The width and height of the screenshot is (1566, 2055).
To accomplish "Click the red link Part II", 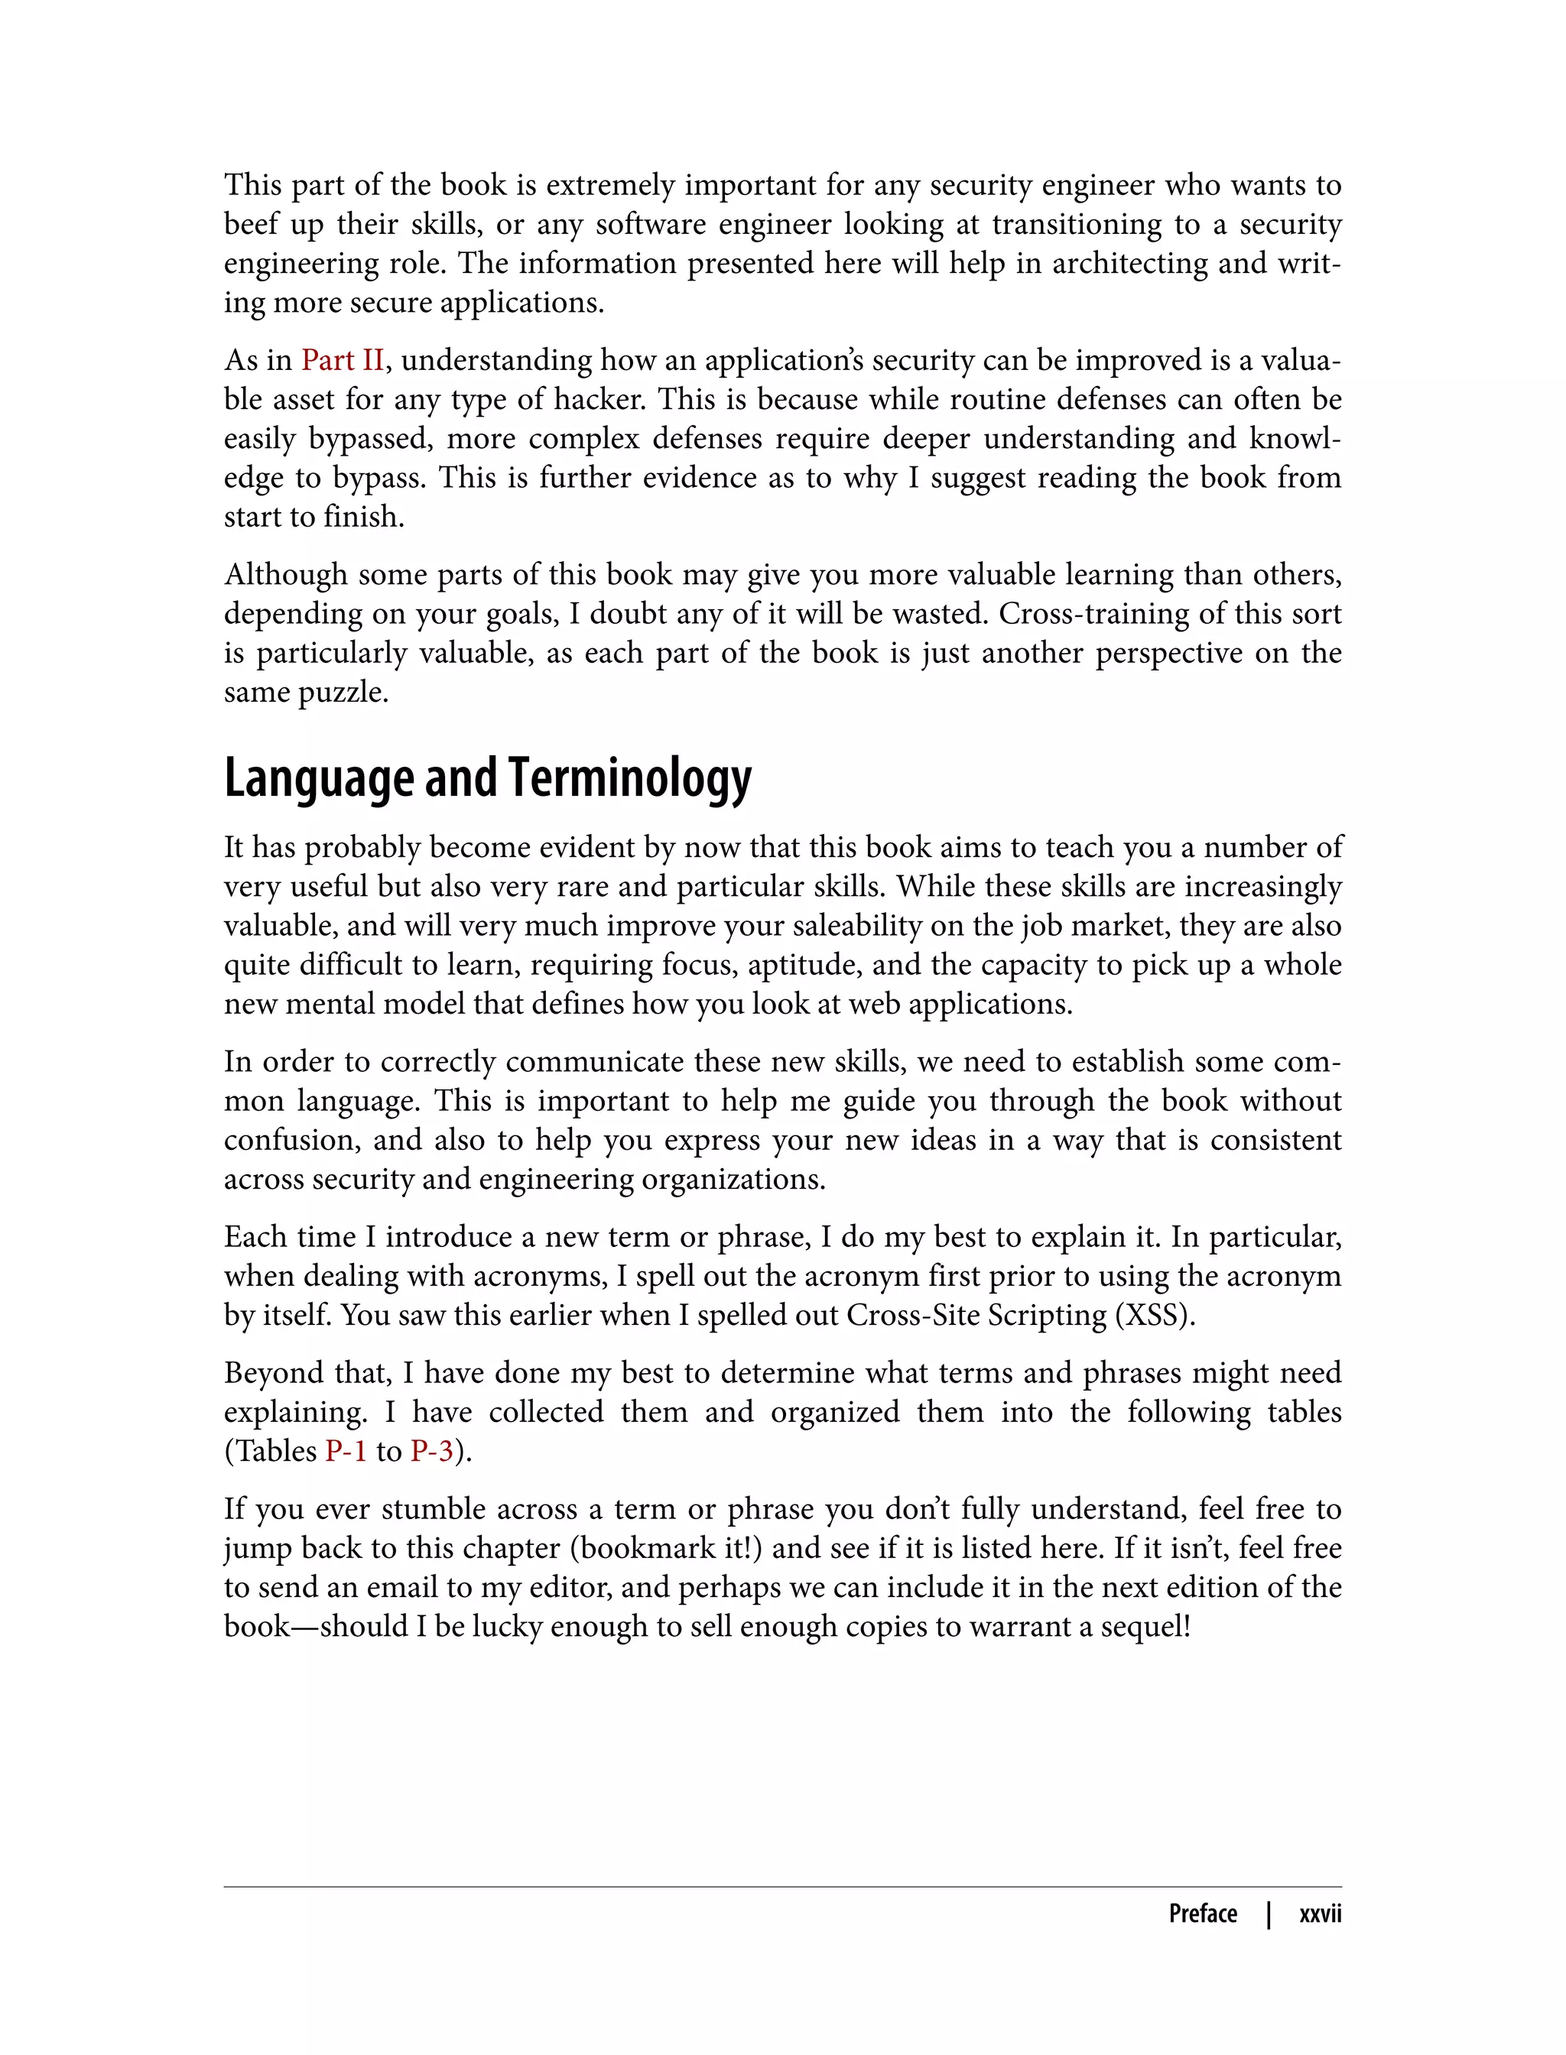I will pyautogui.click(x=342, y=360).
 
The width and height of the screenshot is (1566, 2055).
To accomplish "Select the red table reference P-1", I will pyautogui.click(x=346, y=1451).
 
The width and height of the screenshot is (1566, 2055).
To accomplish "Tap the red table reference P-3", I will pyautogui.click(x=431, y=1451).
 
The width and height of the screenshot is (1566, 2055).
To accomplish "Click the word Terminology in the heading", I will pyautogui.click(x=630, y=778).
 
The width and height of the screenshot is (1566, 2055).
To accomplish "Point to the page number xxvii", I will pyautogui.click(x=1320, y=1914).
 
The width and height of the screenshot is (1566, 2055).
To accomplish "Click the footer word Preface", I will pyautogui.click(x=1203, y=1914).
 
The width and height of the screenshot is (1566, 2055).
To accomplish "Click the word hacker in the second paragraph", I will pyautogui.click(x=599, y=400).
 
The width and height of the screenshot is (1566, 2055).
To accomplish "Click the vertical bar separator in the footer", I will pyautogui.click(x=1269, y=1914).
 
